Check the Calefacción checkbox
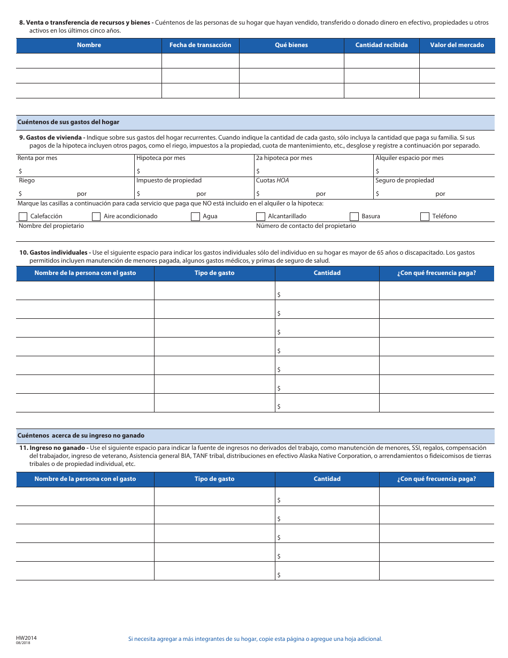(x=23, y=217)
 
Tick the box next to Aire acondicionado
(x=96, y=217)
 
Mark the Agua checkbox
(x=195, y=217)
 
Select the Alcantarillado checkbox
(x=260, y=217)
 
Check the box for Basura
(x=354, y=217)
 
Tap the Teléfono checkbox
(x=425, y=217)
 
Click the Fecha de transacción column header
(x=200, y=45)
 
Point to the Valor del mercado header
(x=457, y=45)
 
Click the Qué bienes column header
(x=291, y=45)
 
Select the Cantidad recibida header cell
(x=381, y=45)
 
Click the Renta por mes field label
(x=37, y=158)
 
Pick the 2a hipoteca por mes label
(x=284, y=158)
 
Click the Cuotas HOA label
(x=272, y=180)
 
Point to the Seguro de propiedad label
(x=404, y=180)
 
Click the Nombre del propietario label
(x=51, y=226)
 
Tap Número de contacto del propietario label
(x=306, y=226)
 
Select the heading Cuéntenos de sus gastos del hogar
(x=68, y=122)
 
